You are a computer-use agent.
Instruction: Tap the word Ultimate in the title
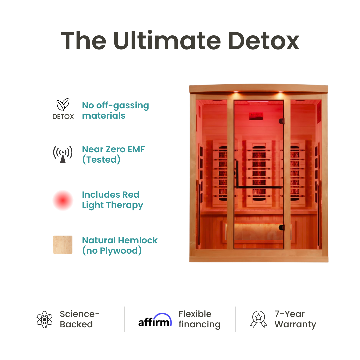167,41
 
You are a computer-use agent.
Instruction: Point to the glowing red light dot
63,200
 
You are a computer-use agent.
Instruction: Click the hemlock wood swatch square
63,245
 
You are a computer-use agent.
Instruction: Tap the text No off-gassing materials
115,110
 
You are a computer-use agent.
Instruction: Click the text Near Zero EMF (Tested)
113,154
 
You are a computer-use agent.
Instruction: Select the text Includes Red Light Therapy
112,200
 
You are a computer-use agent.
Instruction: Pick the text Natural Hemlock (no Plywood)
120,245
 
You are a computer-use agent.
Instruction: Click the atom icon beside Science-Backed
45,319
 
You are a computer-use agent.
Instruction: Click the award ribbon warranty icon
259,319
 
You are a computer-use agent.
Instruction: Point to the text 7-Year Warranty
295,319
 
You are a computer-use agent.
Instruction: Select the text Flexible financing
199,319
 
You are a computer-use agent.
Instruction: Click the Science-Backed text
80,319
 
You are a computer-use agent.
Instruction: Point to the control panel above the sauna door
256,116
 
